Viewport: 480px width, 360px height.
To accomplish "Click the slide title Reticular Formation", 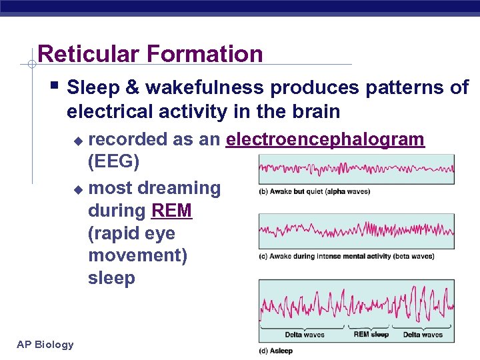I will (x=150, y=54).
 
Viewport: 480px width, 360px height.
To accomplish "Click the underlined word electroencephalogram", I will (x=325, y=139).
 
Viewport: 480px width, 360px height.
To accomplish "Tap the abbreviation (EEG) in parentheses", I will (x=113, y=162).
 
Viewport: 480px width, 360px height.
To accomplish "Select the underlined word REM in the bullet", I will (x=171, y=211).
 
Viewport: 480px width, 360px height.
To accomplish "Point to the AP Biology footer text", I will (x=45, y=345).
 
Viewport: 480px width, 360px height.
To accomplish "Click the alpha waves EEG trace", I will (x=356, y=169).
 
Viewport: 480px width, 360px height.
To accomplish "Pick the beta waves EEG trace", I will (x=356, y=231).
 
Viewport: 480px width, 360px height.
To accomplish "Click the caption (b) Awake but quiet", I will (x=314, y=192).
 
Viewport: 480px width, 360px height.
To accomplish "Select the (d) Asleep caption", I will (x=276, y=351).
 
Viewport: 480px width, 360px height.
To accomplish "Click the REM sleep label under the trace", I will (x=371, y=334).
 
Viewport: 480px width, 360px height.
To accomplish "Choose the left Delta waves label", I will (x=305, y=335).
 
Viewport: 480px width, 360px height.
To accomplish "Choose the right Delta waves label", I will (x=423, y=335).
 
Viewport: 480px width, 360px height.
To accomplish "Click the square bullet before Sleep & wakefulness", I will (x=55, y=87).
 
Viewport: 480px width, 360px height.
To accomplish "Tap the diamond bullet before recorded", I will (x=78, y=141).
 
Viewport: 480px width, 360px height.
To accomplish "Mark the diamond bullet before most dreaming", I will (x=78, y=189).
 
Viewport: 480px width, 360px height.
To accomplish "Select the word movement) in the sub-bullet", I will (x=137, y=256).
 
